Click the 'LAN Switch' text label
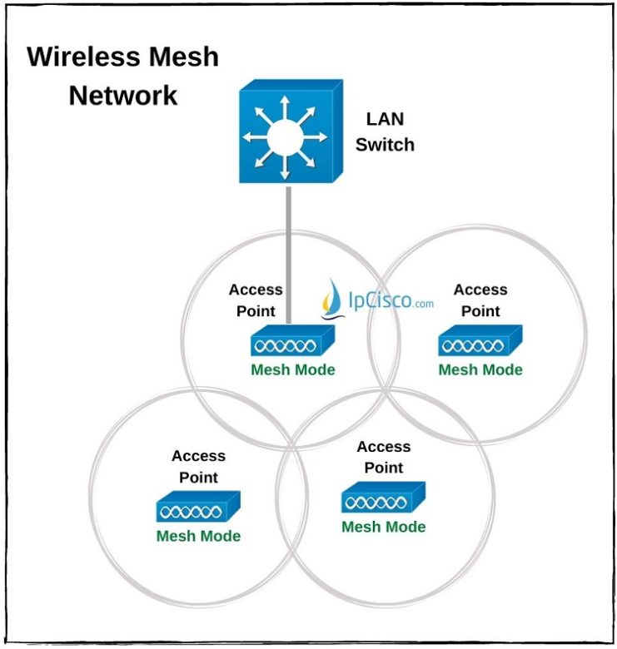point(385,132)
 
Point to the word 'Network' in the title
point(122,95)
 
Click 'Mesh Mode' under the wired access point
point(292,369)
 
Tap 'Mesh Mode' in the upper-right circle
point(480,369)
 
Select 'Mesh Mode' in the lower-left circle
point(198,536)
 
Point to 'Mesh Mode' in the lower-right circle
point(383,527)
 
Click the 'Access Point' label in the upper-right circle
point(480,300)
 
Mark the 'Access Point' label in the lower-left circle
point(198,466)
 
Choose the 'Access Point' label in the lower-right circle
point(383,458)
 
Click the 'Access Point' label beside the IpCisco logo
point(256,300)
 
